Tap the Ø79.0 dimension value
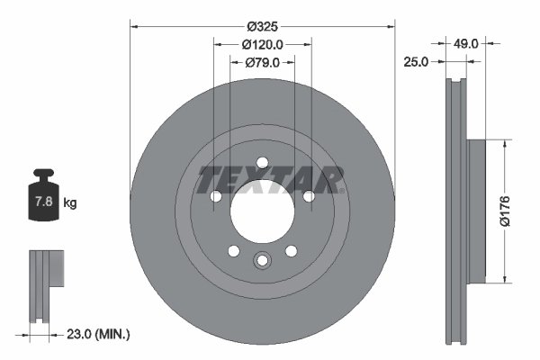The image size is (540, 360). (263, 62)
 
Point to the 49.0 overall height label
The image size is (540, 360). (465, 42)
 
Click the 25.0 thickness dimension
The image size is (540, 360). (416, 62)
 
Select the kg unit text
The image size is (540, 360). (69, 203)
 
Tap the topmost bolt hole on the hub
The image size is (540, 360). (262, 163)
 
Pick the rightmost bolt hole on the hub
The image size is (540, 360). (309, 196)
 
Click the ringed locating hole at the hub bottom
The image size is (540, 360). (262, 261)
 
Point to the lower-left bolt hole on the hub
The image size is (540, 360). (233, 252)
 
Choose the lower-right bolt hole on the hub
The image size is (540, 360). (291, 252)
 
